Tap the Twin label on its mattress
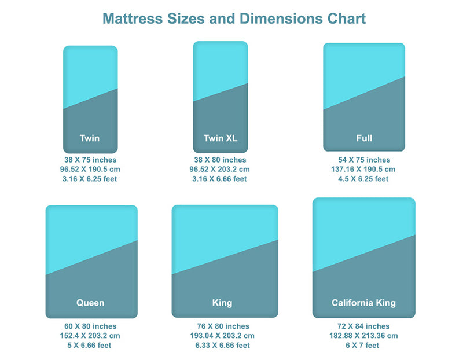(90, 138)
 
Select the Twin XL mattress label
(221, 138)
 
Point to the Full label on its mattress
(364, 138)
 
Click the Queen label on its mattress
(90, 303)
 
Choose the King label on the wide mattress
(222, 303)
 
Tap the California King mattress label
(363, 303)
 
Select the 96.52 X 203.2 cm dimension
(220, 170)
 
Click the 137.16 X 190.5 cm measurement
(364, 170)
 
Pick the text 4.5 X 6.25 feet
(364, 179)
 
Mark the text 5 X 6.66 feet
(90, 346)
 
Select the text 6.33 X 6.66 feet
(223, 346)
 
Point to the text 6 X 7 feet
(363, 346)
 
